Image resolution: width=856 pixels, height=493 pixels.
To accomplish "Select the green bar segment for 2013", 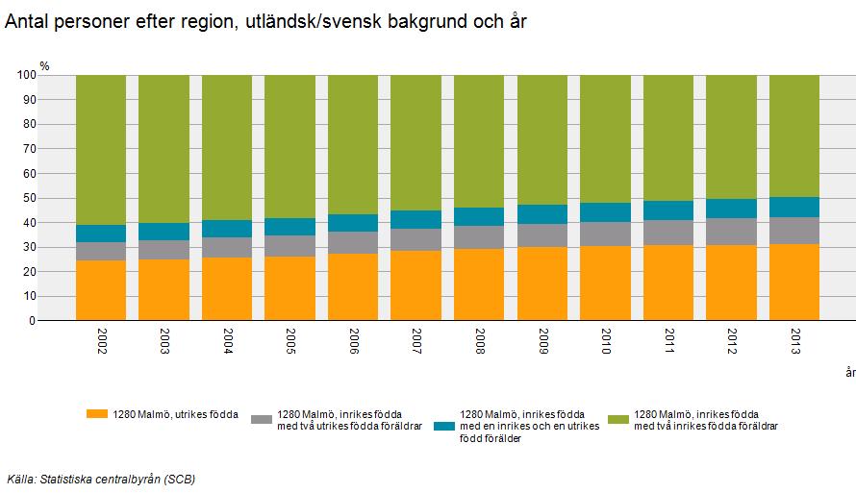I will pyautogui.click(x=794, y=136).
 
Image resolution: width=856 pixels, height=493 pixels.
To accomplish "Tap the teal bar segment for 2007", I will pyautogui.click(x=415, y=219).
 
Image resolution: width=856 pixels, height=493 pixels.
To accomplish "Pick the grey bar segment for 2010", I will pyautogui.click(x=605, y=234).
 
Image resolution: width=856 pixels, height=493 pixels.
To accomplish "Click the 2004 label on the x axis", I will pyautogui.click(x=227, y=342).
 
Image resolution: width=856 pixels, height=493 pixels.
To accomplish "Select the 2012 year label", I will pyautogui.click(x=731, y=342).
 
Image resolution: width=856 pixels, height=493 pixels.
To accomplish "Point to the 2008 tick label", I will pyautogui.click(x=479, y=342).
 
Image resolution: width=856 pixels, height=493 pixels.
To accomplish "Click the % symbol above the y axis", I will pyautogui.click(x=44, y=64).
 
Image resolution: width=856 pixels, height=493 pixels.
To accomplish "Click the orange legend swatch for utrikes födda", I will pyautogui.click(x=96, y=414).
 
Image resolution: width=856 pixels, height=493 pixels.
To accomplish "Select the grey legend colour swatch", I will pyautogui.click(x=262, y=419).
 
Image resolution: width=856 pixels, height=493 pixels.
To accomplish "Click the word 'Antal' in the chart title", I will pyautogui.click(x=27, y=22).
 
